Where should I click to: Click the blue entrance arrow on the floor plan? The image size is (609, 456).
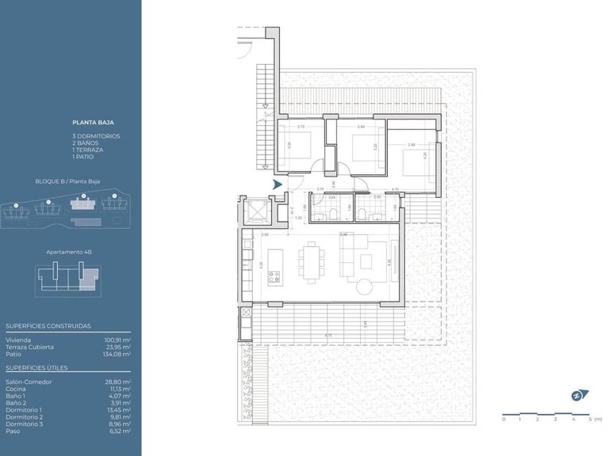point(277,184)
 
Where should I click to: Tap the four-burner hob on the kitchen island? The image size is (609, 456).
point(274,277)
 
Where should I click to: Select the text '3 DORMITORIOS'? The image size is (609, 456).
point(96,135)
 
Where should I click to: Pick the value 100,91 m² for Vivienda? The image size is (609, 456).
point(117,339)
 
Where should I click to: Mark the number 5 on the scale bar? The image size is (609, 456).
point(589,419)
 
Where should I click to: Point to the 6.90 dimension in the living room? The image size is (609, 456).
point(343,235)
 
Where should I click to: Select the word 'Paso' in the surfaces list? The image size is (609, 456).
point(12,431)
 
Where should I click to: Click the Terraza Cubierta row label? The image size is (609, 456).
point(30,347)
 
